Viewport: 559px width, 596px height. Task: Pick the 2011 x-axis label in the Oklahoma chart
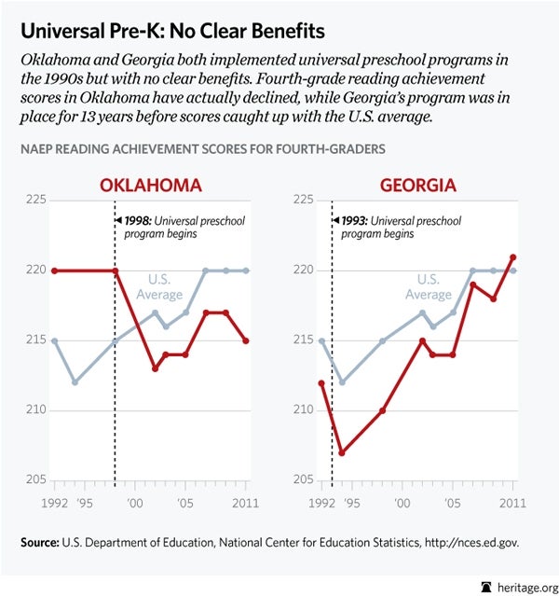(246, 504)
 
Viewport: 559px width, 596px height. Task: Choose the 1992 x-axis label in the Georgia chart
(320, 504)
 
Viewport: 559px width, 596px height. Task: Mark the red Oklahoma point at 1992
(55, 270)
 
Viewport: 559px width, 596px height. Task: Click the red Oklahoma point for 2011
(246, 340)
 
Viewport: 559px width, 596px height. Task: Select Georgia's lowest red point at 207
(342, 453)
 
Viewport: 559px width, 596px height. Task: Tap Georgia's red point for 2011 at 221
(513, 256)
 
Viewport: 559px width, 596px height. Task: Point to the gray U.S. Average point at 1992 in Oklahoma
(55, 340)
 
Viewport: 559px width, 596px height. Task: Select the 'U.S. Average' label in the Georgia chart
(429, 286)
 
